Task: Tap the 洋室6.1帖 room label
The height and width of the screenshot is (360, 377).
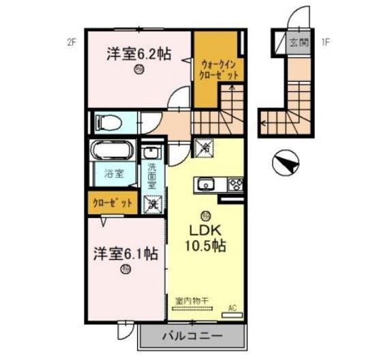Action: [126, 254]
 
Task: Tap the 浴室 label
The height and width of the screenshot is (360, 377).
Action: [114, 173]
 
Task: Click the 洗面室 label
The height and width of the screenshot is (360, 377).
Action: [152, 177]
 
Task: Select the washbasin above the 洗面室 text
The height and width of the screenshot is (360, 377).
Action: [152, 151]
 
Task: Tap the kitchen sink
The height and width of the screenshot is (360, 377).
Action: [205, 183]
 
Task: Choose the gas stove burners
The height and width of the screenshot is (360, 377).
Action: [235, 183]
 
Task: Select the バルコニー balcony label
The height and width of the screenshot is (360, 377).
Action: [192, 336]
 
